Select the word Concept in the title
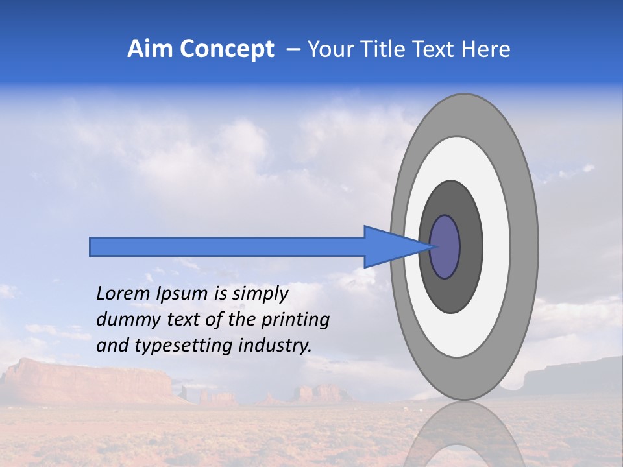click(226, 49)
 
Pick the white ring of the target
click(496, 247)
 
